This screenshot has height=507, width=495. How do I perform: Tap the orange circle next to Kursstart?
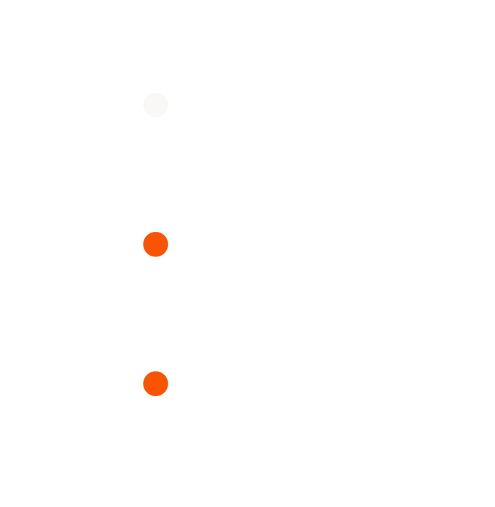tap(155, 244)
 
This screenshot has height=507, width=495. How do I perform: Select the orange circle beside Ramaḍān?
tap(155, 383)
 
